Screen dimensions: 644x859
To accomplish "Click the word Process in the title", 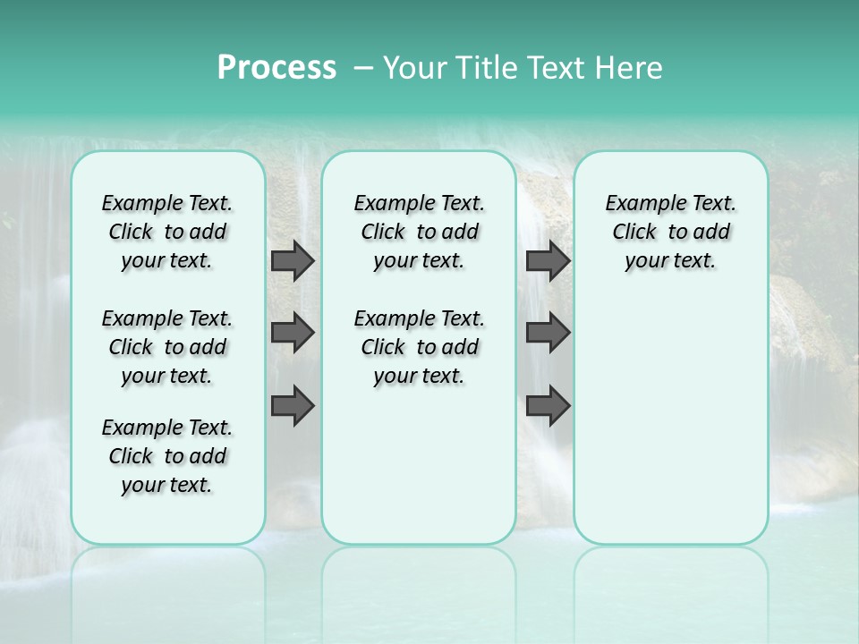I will point(276,68).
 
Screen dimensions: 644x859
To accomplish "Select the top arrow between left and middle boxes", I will point(293,260).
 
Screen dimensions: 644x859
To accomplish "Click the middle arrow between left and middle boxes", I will point(293,333).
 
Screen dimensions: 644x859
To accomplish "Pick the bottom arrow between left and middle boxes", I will point(293,407).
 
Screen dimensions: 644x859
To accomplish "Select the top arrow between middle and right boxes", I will point(548,260).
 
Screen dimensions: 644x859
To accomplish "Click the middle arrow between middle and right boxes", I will point(548,333).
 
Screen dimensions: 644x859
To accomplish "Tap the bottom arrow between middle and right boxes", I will point(548,407).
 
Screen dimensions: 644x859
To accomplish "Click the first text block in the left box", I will point(167,232).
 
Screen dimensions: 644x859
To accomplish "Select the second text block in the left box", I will point(167,347).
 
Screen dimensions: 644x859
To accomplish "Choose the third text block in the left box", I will point(167,456).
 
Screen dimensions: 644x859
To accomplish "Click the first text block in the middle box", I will point(419,232).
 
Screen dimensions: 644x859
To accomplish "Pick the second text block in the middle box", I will point(419,347).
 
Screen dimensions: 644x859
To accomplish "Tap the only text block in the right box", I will point(670,232).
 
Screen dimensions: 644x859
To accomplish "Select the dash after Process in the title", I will point(362,69).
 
